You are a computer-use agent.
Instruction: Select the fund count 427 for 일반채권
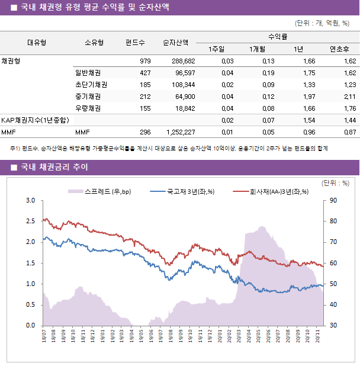(144, 73)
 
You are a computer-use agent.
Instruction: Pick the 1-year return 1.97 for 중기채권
(308, 97)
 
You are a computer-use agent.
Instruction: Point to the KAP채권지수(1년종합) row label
(35, 120)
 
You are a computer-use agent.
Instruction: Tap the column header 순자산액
(176, 43)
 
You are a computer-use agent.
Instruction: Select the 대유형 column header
(37, 43)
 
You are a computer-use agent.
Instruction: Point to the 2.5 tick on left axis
(30, 221)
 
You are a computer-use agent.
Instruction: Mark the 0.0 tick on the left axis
(30, 325)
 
